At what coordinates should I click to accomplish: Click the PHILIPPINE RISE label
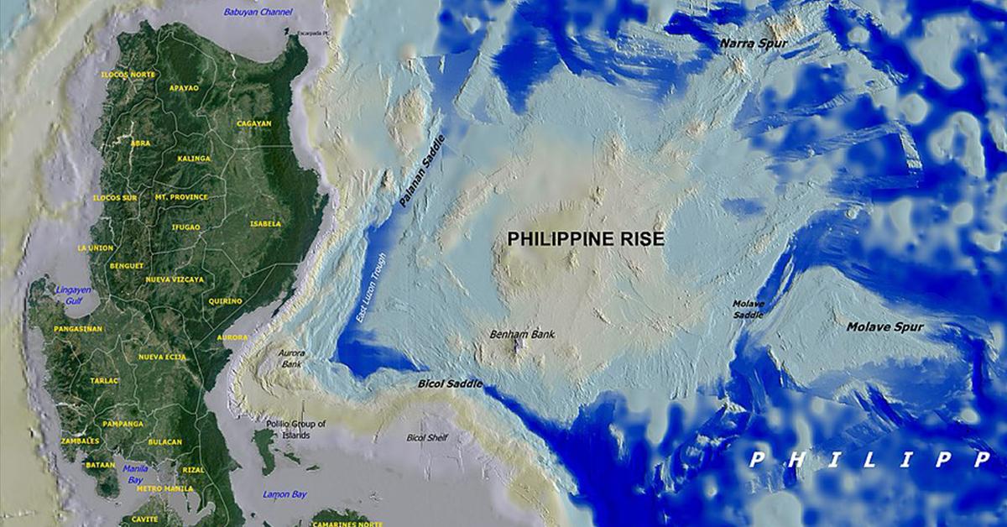(x=585, y=239)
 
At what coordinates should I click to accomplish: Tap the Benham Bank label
(x=522, y=334)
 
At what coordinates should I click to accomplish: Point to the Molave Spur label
(x=884, y=326)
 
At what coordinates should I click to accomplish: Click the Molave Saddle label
(x=748, y=309)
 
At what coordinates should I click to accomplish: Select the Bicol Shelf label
(x=427, y=437)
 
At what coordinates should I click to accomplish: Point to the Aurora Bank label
(x=292, y=359)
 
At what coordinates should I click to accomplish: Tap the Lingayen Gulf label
(x=72, y=295)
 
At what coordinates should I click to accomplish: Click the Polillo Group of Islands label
(x=289, y=430)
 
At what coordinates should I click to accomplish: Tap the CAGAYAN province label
(x=253, y=123)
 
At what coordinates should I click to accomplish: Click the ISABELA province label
(x=264, y=224)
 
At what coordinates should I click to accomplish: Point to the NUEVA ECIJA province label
(x=161, y=357)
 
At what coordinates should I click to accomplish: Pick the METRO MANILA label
(x=165, y=488)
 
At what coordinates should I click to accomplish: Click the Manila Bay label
(x=135, y=474)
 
